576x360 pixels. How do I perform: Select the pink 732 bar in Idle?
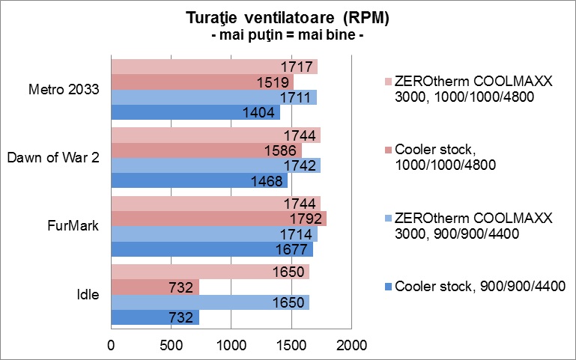tap(154, 286)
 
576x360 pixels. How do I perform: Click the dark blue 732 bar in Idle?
tap(154, 317)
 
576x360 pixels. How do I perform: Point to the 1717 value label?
tap(297, 67)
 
